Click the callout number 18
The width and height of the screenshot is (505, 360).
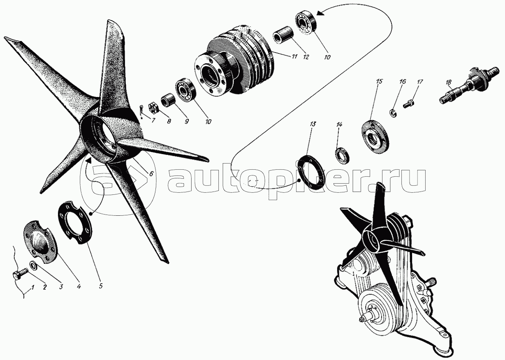click(x=449, y=83)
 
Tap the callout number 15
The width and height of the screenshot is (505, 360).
click(x=379, y=81)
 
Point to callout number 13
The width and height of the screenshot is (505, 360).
click(x=313, y=124)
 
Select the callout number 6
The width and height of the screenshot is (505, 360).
click(x=151, y=173)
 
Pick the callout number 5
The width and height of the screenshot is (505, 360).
click(x=101, y=286)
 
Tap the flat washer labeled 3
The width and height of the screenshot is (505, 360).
click(x=33, y=265)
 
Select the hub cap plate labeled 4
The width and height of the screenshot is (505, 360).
click(x=41, y=242)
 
